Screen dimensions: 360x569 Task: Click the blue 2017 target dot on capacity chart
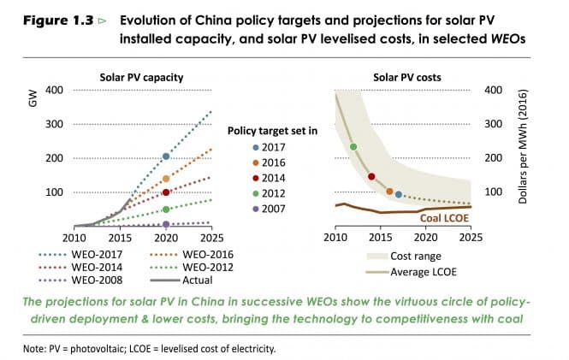click(x=166, y=156)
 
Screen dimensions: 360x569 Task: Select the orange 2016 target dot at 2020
click(x=166, y=179)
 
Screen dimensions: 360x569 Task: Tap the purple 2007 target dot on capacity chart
click(x=166, y=224)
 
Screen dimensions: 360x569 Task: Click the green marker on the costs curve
click(x=353, y=147)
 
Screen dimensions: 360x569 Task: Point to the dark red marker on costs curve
click(x=371, y=177)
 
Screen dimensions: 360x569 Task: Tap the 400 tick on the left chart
click(x=54, y=90)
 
